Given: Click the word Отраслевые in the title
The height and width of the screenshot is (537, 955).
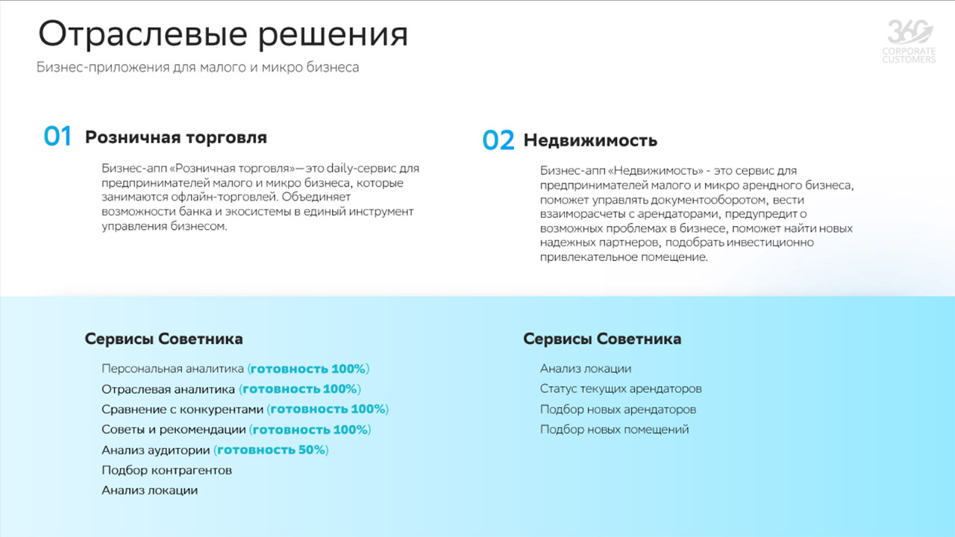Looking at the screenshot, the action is click(x=143, y=34).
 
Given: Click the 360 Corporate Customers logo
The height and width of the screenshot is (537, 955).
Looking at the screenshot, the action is click(x=909, y=41).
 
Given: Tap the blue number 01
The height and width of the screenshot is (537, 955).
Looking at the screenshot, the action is click(x=57, y=136).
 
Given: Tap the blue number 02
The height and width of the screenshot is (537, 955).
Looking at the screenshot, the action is click(x=498, y=140).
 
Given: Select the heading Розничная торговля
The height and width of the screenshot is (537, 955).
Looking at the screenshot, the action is click(x=176, y=137).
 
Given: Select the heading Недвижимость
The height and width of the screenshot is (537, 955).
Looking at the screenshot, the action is click(x=590, y=140).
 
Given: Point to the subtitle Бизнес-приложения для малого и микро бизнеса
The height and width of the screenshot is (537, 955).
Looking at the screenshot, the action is click(x=198, y=67).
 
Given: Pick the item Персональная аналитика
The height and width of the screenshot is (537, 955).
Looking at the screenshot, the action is click(x=172, y=368).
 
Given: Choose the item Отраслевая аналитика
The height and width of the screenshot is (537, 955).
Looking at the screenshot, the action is click(x=168, y=389).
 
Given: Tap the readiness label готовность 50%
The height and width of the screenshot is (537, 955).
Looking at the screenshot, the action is click(x=272, y=450).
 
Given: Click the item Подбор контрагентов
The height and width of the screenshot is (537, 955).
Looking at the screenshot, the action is click(x=166, y=471).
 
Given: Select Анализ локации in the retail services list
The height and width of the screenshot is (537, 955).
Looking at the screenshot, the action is click(x=150, y=491).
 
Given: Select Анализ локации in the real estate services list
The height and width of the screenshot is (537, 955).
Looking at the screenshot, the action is click(x=586, y=368).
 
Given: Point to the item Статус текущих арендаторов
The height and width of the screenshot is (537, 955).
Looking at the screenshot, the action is click(x=621, y=389).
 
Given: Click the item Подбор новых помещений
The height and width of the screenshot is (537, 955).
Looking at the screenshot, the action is click(x=614, y=430).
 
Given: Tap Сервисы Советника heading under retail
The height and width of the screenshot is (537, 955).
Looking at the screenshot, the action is click(x=163, y=339).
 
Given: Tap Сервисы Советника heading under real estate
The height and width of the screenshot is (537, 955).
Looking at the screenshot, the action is click(x=602, y=339).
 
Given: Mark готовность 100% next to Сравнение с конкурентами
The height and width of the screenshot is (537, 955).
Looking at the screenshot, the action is click(x=328, y=409).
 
